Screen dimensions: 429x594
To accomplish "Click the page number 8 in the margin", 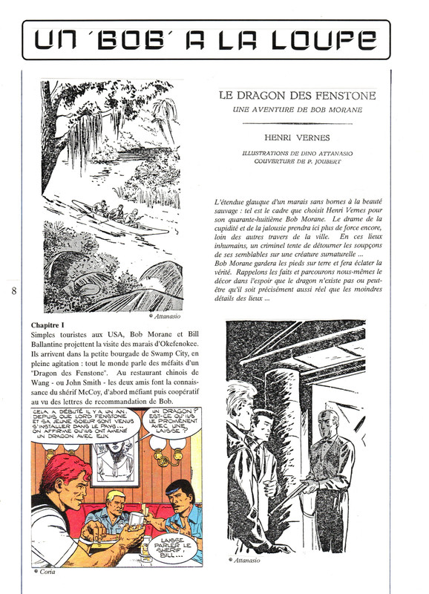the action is [14, 290].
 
